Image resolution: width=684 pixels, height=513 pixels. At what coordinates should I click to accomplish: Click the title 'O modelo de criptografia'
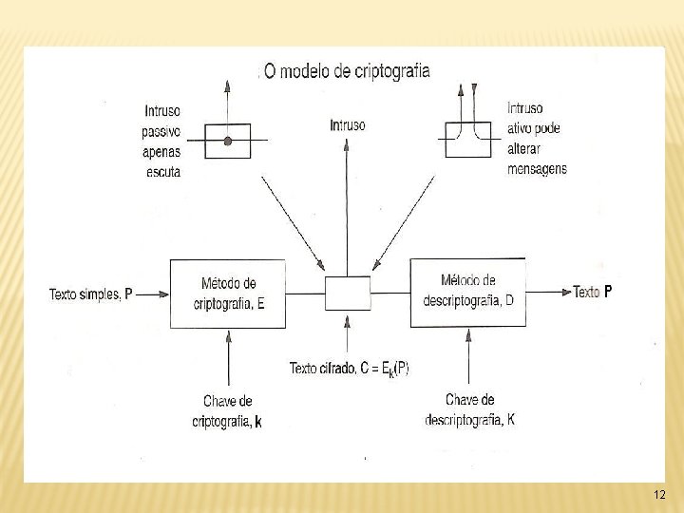tap(346, 71)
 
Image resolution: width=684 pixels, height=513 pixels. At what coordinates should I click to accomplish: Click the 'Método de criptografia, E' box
tap(228, 294)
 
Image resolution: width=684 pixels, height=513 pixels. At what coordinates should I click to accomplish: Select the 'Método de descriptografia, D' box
tap(467, 292)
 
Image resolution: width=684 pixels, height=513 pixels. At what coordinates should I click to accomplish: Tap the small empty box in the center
tap(348, 293)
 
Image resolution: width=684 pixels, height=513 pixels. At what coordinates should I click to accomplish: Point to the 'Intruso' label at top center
tap(348, 125)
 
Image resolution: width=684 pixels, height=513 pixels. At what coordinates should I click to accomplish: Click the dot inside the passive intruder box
tap(228, 142)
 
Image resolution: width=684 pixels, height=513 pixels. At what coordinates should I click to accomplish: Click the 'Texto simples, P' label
tap(91, 294)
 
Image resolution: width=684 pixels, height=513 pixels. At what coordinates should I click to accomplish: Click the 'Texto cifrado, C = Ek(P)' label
tap(349, 369)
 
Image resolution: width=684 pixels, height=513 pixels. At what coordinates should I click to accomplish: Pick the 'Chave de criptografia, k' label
tap(227, 411)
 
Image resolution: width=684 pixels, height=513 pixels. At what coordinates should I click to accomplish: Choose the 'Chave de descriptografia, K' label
tap(470, 408)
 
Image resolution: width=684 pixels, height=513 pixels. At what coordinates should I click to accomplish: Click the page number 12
tap(660, 495)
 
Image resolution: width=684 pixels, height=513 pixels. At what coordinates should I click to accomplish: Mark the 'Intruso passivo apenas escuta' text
tap(162, 141)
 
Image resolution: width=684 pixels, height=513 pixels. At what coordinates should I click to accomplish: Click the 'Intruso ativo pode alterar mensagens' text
tap(537, 139)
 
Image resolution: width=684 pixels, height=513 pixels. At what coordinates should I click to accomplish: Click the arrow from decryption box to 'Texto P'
tap(547, 292)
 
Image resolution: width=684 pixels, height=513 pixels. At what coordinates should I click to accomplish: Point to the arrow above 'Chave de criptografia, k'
tap(229, 359)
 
